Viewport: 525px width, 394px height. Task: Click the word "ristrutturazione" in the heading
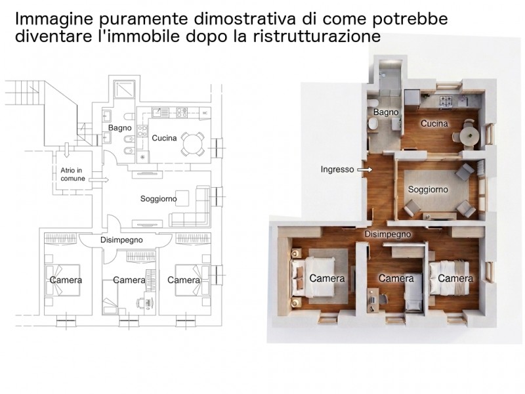(x=317, y=36)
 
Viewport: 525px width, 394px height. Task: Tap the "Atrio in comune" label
(x=73, y=175)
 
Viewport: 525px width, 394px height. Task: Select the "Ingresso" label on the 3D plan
(x=337, y=169)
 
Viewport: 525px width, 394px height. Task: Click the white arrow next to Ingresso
(x=365, y=170)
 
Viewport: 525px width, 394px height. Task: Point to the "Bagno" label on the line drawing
(x=120, y=127)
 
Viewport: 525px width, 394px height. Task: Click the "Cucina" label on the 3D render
(x=434, y=123)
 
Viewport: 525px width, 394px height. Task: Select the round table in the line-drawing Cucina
(x=193, y=144)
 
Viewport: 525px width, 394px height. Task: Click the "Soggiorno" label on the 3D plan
(x=428, y=190)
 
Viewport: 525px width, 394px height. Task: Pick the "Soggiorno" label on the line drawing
(x=158, y=199)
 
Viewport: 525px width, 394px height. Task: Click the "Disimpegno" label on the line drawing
(x=121, y=240)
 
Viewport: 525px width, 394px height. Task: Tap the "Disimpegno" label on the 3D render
(x=388, y=234)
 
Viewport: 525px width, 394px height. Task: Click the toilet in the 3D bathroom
(x=373, y=125)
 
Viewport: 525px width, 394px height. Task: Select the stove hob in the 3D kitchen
(x=446, y=100)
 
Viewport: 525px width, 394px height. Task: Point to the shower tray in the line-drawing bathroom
(x=124, y=89)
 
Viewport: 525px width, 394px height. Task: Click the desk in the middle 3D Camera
(x=372, y=300)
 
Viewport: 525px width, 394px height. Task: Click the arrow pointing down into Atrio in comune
(x=66, y=150)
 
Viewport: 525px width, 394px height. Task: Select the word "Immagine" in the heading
(x=54, y=20)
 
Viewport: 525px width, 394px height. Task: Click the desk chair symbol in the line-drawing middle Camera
(x=140, y=303)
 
